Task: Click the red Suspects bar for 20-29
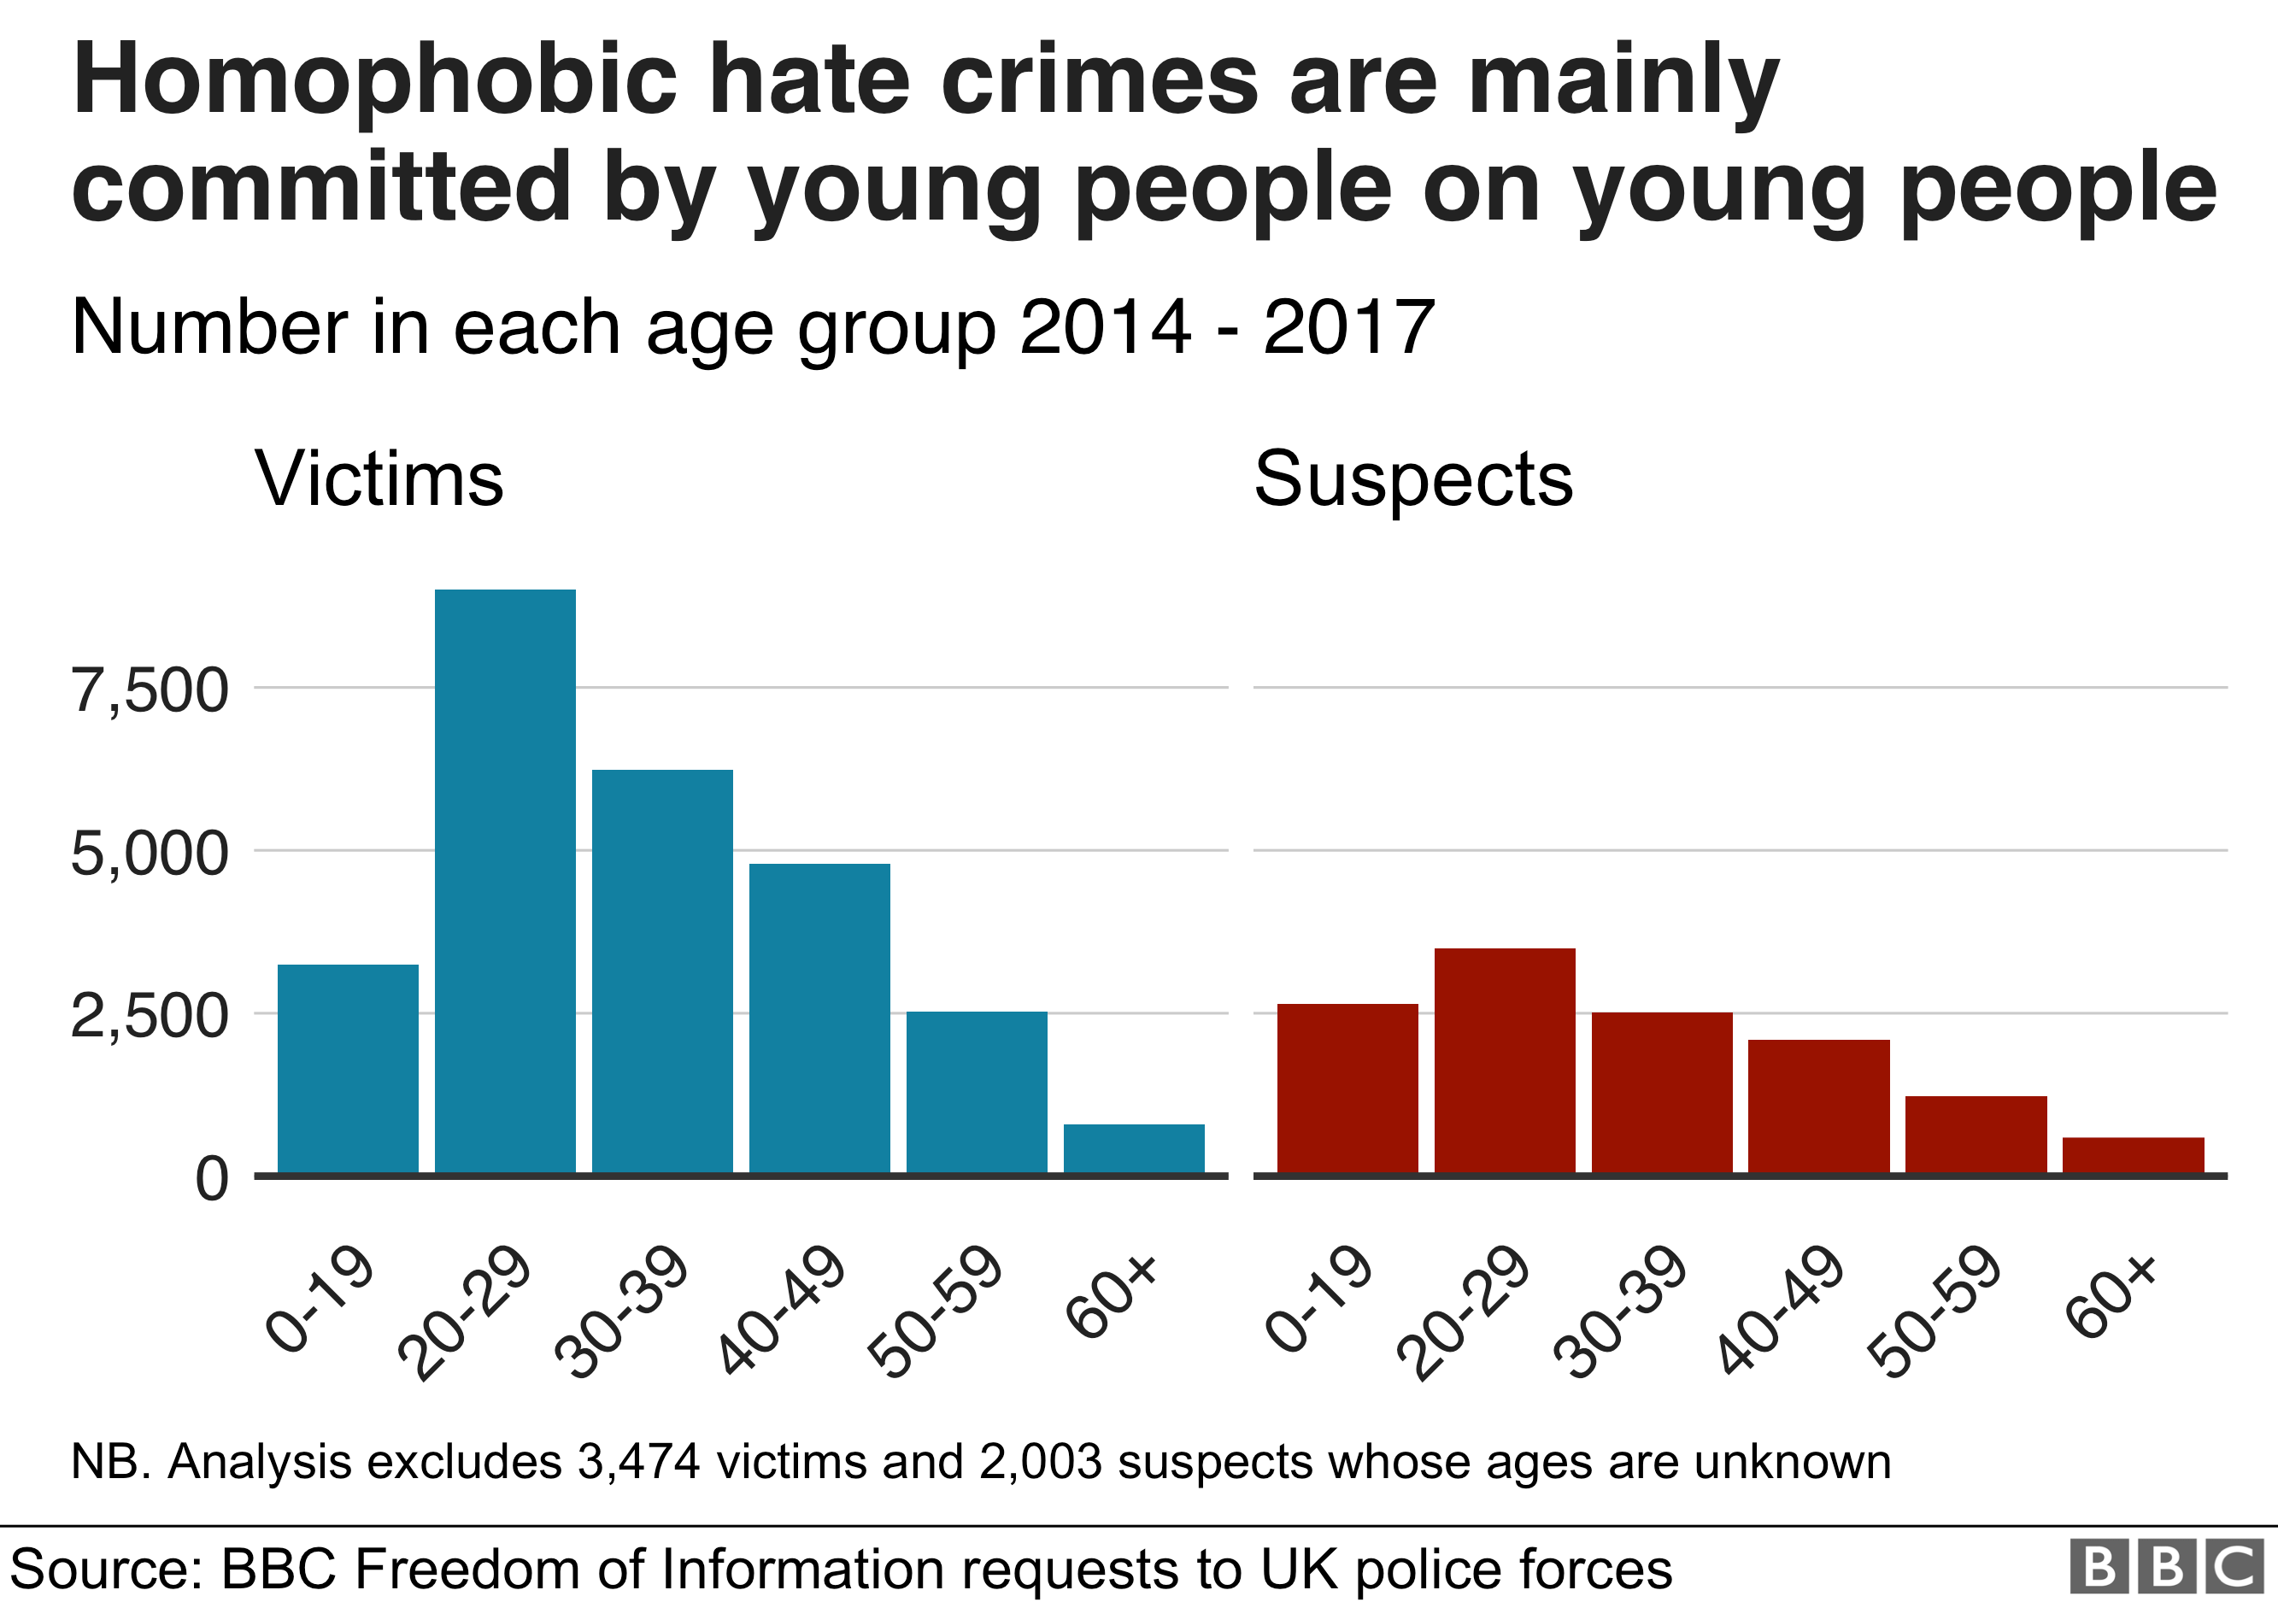(x=1504, y=1060)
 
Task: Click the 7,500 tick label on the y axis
(x=150, y=691)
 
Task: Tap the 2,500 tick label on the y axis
(x=150, y=1018)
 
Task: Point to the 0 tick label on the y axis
(x=211, y=1181)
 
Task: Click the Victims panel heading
(x=379, y=480)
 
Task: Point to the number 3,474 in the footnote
(x=638, y=1462)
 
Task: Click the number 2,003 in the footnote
(x=1040, y=1462)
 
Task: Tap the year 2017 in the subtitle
(x=1348, y=327)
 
